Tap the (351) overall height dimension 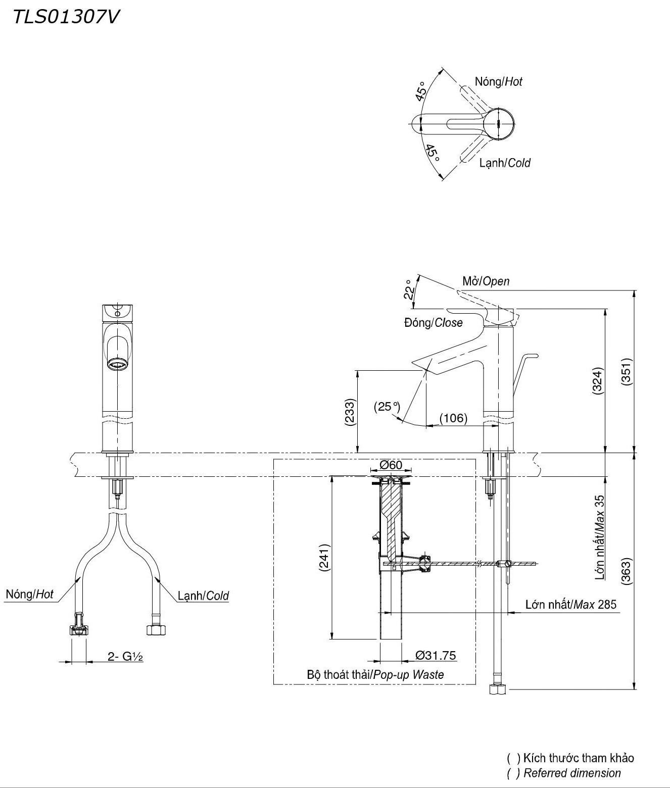(627, 372)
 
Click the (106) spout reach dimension (453, 418)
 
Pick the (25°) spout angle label (387, 406)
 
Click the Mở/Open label (486, 281)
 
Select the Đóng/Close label (433, 322)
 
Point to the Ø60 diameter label (391, 465)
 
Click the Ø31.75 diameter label (436, 656)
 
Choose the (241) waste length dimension (324, 558)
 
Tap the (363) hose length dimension (627, 571)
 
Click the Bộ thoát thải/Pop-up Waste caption (375, 674)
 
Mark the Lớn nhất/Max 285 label (570, 604)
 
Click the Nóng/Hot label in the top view (498, 81)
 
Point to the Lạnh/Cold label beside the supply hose (203, 596)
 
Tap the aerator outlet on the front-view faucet (118, 364)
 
